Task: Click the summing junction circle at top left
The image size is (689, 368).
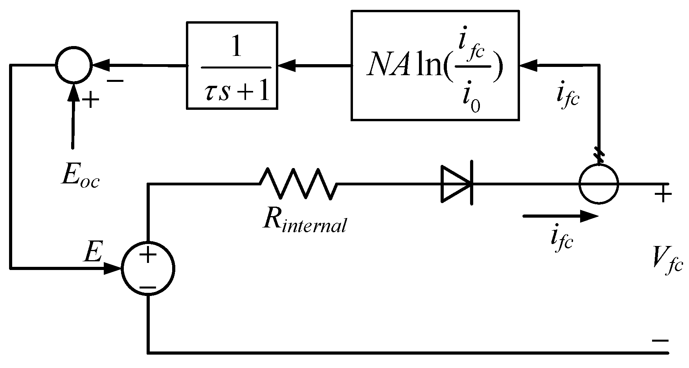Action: pos(73,65)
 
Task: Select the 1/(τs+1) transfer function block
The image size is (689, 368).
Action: pos(232,65)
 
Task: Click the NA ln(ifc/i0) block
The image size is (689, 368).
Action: pos(434,65)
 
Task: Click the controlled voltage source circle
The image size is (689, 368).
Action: pos(148,269)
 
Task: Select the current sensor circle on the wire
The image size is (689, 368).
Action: pos(599,184)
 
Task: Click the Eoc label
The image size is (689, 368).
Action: pos(80,177)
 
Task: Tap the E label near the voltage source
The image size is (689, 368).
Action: pos(93,253)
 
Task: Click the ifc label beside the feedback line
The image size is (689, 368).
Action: pos(568,97)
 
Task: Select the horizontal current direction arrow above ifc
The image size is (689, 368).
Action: pos(560,216)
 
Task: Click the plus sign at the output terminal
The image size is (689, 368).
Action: pos(663,194)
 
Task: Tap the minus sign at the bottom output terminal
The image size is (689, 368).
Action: pos(660,340)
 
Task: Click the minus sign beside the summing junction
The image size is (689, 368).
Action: pos(115,81)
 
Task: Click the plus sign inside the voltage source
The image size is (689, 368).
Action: pos(148,255)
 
